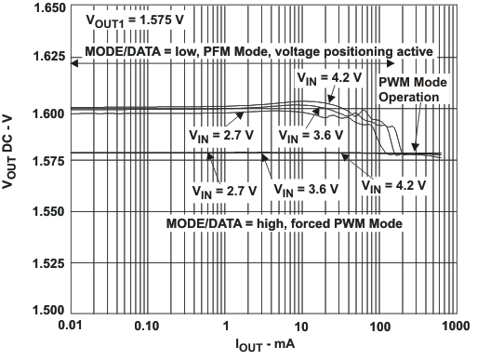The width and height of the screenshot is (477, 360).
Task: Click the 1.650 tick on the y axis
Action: pyautogui.click(x=46, y=7)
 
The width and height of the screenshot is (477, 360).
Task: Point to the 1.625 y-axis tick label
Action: pyautogui.click(x=46, y=58)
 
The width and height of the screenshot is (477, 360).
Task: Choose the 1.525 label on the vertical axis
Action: pyautogui.click(x=46, y=263)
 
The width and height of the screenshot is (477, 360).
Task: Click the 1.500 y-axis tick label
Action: pyautogui.click(x=46, y=312)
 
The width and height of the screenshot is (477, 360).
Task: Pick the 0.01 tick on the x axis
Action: pyautogui.click(x=70, y=327)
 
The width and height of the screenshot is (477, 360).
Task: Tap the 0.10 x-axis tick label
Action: pyautogui.click(x=147, y=327)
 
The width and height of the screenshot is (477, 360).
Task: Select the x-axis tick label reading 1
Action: pyautogui.click(x=225, y=327)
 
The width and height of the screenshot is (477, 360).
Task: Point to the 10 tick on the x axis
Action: pyautogui.click(x=301, y=327)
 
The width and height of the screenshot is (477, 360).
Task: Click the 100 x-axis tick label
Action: pyautogui.click(x=378, y=327)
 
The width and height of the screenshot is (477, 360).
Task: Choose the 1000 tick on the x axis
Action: pyautogui.click(x=453, y=327)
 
